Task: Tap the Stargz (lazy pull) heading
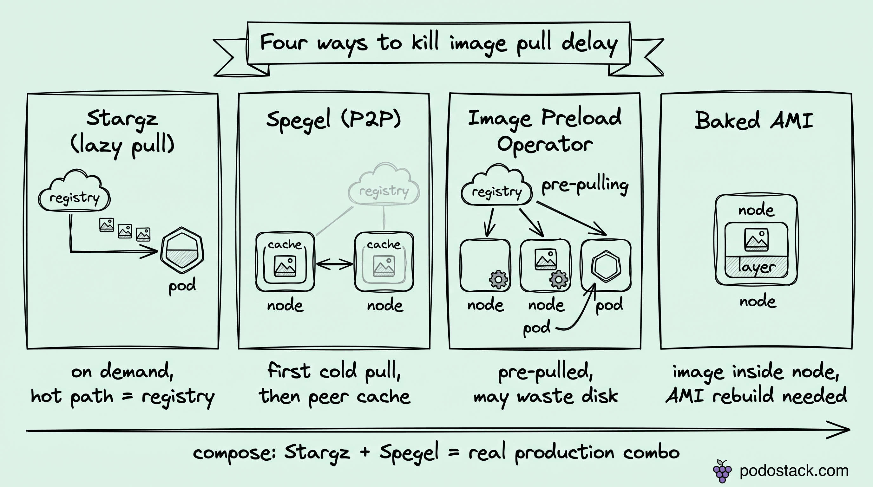(x=122, y=132)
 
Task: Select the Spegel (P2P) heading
(x=333, y=120)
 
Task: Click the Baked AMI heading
(x=754, y=120)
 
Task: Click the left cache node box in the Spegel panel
(x=285, y=261)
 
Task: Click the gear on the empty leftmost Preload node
(x=499, y=280)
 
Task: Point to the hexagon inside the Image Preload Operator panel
(x=606, y=267)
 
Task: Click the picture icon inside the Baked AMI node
(x=756, y=240)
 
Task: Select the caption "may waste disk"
(x=546, y=397)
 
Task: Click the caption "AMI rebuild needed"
(x=756, y=396)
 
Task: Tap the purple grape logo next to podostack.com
(x=722, y=471)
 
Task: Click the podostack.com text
(x=794, y=471)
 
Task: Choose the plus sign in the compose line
(x=365, y=452)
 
